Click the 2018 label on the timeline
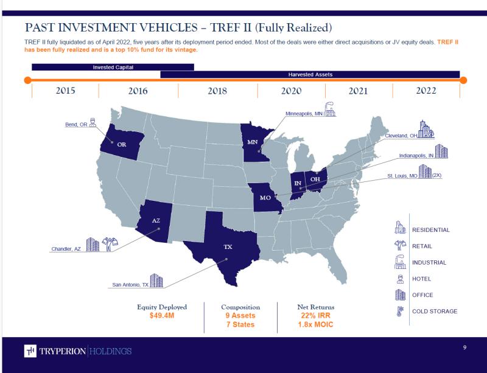[x=217, y=91]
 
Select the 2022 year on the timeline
[x=426, y=91]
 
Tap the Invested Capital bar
[x=113, y=67]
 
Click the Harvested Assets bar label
[x=310, y=74]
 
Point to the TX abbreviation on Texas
[x=228, y=247]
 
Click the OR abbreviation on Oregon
[x=122, y=144]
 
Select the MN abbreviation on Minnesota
[x=252, y=142]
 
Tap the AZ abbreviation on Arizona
[x=156, y=220]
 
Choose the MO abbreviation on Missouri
[x=265, y=198]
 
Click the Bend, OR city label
[x=76, y=125]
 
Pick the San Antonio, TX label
[x=130, y=284]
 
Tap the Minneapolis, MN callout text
[x=304, y=114]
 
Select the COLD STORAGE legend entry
[x=435, y=312]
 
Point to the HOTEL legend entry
[x=421, y=279]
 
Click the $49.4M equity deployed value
[x=162, y=316]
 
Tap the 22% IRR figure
[x=315, y=316]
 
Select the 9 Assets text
[x=240, y=316]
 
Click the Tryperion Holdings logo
[x=78, y=351]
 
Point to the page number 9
[x=464, y=347]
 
